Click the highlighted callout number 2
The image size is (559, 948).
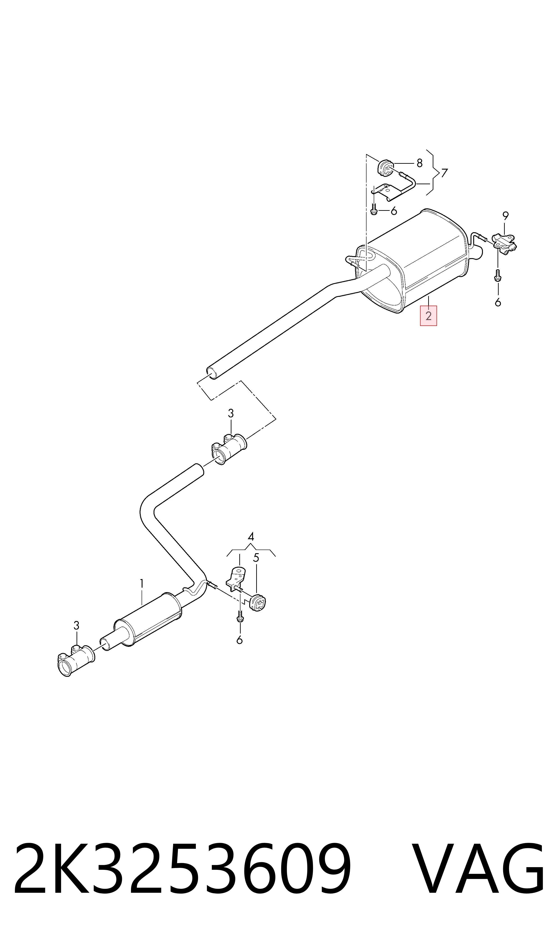tap(428, 316)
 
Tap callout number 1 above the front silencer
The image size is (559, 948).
tap(142, 584)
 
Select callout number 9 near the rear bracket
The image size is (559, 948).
tap(505, 216)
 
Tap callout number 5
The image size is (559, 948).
tap(256, 558)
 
